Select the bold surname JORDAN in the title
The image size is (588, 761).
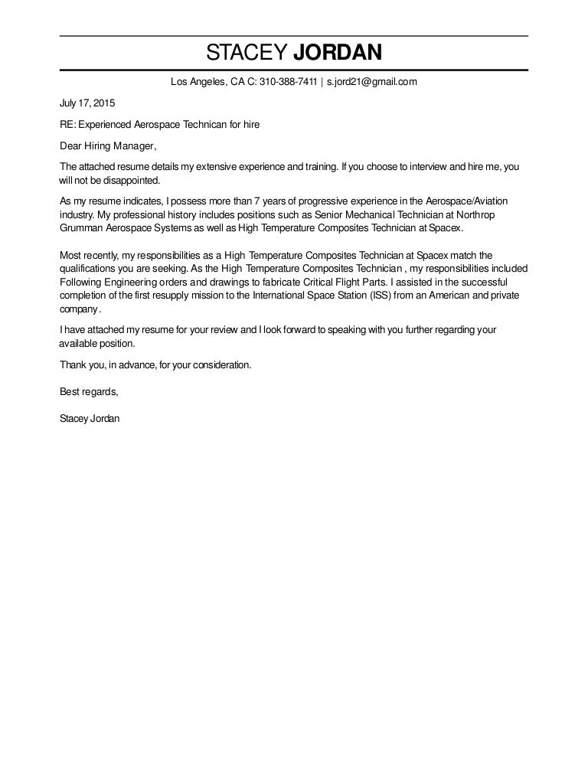(338, 53)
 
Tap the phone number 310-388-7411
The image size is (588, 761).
(289, 82)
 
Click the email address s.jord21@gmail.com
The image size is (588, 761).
(372, 82)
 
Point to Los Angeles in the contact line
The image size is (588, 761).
(196, 82)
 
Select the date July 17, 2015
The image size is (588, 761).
(87, 103)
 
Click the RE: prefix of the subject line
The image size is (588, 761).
(67, 124)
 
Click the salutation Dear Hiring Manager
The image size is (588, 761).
(107, 145)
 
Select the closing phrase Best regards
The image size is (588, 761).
(89, 392)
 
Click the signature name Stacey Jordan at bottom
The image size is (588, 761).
(90, 419)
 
